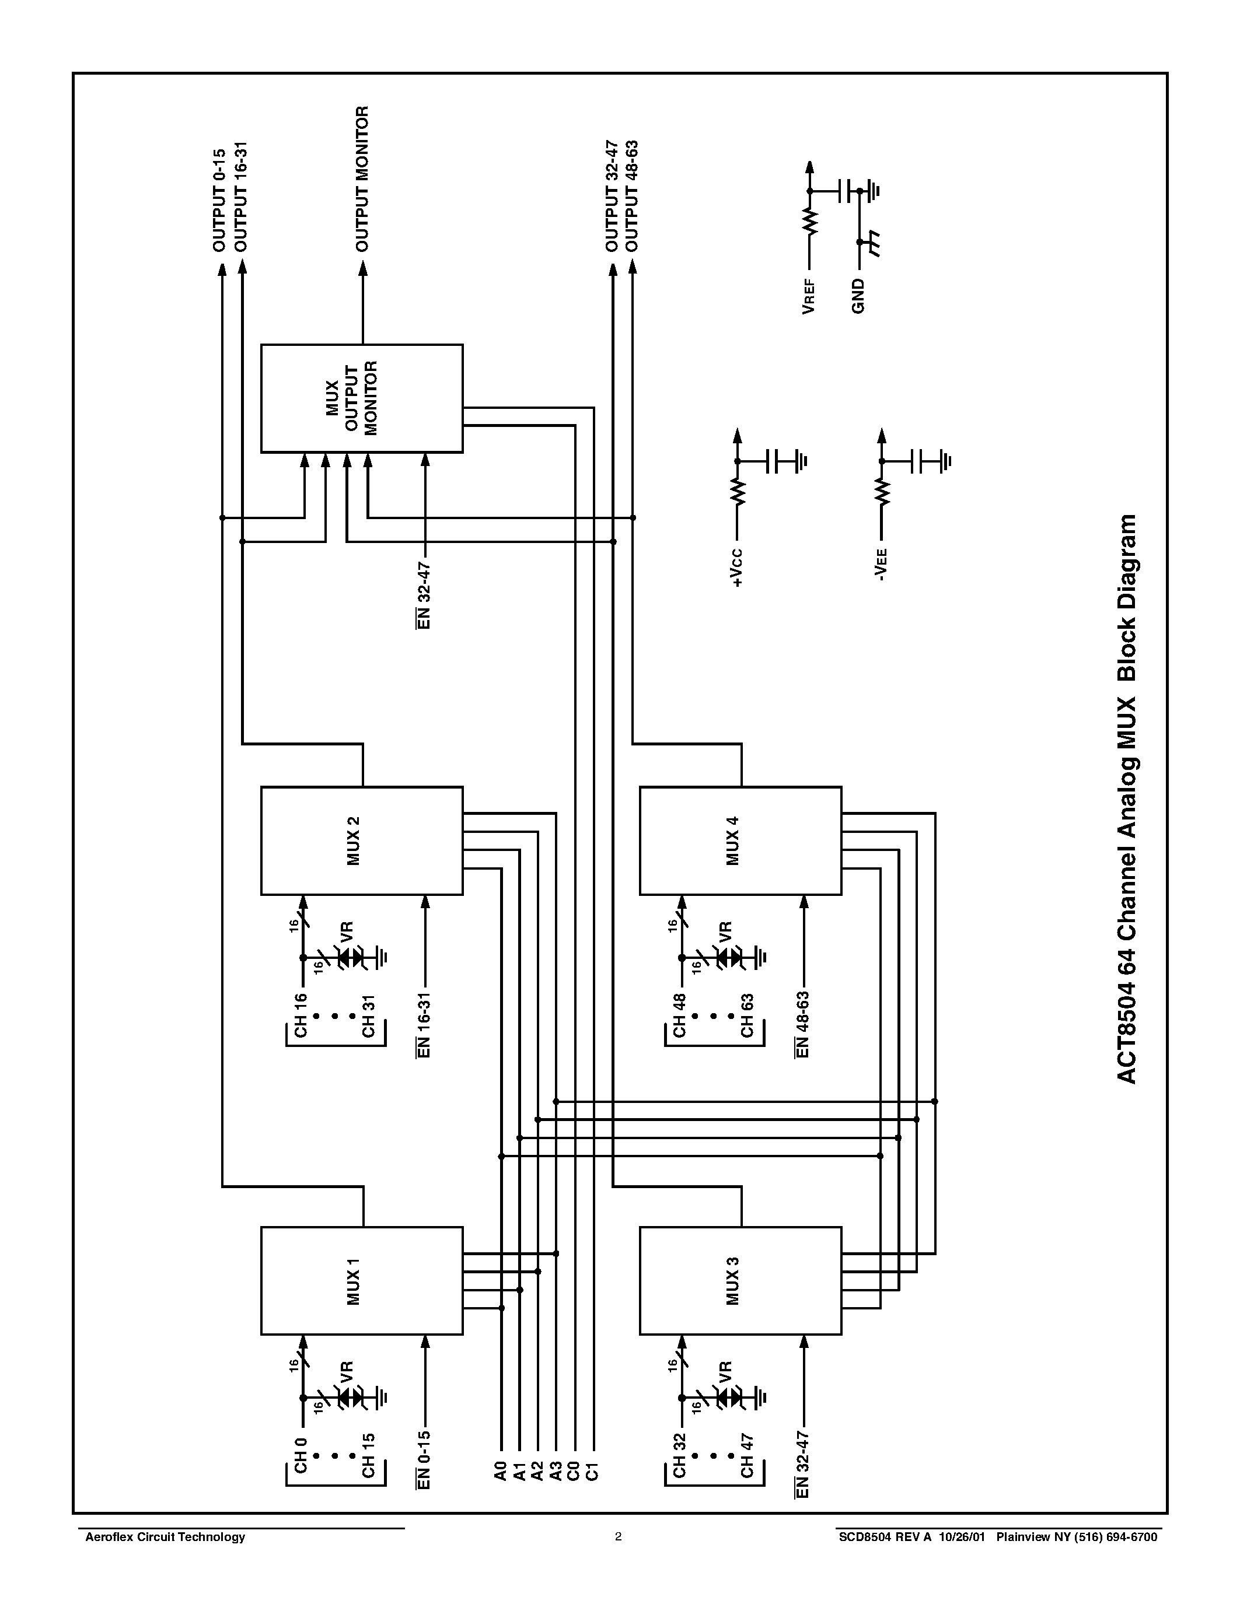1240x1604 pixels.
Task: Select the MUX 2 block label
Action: point(354,841)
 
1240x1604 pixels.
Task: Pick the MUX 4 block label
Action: point(732,841)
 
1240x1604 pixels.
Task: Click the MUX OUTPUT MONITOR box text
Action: point(351,398)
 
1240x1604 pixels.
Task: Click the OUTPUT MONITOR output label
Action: point(362,178)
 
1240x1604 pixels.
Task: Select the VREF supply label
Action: point(809,295)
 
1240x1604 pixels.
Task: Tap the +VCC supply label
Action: point(738,568)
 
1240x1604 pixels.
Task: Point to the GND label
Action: point(858,296)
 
